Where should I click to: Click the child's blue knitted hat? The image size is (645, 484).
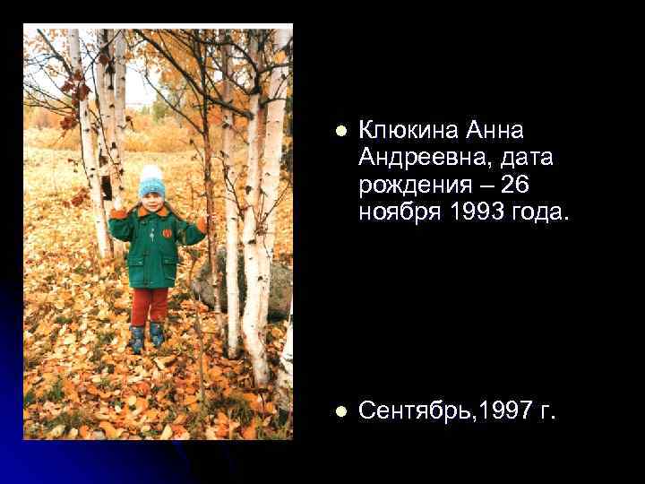pyautogui.click(x=152, y=185)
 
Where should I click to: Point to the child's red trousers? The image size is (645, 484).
pyautogui.click(x=150, y=305)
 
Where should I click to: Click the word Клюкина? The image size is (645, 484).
pyautogui.click(x=408, y=131)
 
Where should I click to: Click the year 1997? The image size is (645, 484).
pyautogui.click(x=511, y=411)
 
